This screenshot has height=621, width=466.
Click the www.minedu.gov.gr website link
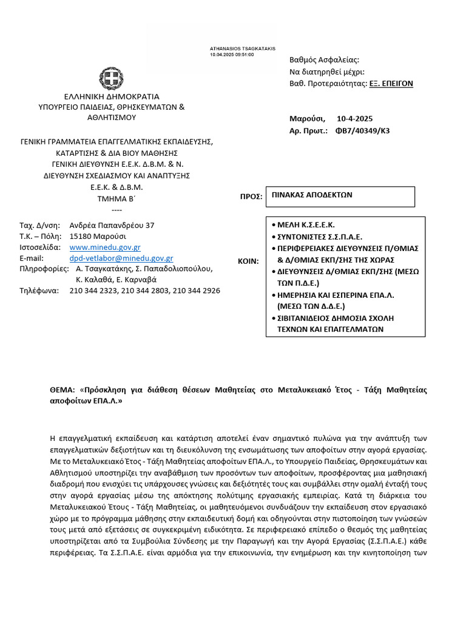105,247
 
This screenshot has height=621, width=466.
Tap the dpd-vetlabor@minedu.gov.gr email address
121,258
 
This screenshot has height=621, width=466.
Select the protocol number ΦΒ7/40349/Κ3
362,130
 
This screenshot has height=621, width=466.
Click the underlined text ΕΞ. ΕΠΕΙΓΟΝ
391,84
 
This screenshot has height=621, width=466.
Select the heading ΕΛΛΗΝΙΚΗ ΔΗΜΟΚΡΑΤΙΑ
112,96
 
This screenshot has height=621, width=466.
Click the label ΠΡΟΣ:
251,197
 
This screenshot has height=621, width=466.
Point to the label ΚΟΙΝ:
248,261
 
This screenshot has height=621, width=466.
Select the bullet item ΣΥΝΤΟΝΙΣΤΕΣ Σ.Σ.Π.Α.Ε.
319,237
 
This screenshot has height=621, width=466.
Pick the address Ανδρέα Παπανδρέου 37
112,225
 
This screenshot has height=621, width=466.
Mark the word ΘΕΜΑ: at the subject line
61,390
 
